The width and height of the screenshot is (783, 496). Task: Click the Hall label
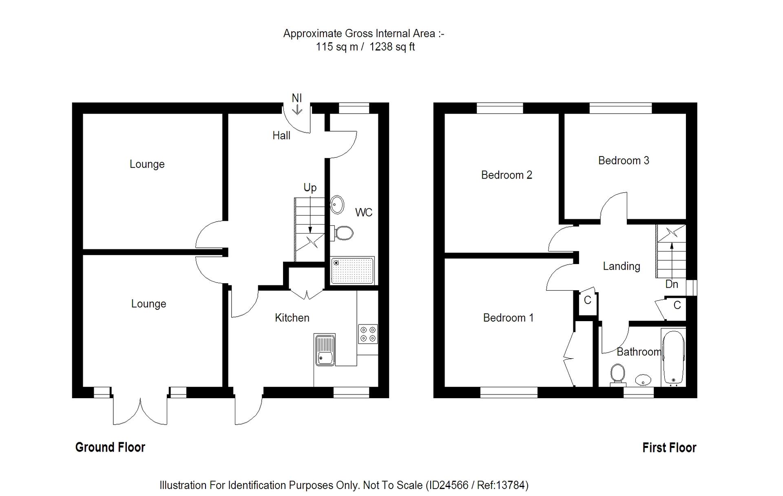click(x=281, y=136)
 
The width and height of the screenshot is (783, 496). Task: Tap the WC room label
click(x=363, y=212)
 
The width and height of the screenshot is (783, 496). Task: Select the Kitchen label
click(x=292, y=318)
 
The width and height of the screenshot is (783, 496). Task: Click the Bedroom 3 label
click(x=624, y=161)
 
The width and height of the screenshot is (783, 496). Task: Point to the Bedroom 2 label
click(x=507, y=175)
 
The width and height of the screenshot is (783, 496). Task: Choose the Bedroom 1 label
click(x=508, y=318)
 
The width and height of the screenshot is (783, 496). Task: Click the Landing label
click(x=622, y=267)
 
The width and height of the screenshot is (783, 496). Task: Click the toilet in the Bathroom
click(x=618, y=374)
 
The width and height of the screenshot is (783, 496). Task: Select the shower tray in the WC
click(x=353, y=270)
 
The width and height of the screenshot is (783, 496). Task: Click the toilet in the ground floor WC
click(x=343, y=233)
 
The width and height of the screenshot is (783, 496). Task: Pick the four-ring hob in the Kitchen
click(x=368, y=334)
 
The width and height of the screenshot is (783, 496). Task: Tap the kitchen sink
click(x=325, y=350)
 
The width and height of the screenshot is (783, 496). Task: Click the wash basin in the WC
click(x=337, y=204)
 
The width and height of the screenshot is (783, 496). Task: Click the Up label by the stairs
click(x=310, y=187)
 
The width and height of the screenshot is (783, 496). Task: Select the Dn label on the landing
click(x=672, y=284)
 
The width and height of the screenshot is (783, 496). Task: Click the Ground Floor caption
click(x=110, y=448)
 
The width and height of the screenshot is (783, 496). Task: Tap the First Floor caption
click(x=669, y=448)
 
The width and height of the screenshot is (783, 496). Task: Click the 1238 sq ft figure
click(x=392, y=47)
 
